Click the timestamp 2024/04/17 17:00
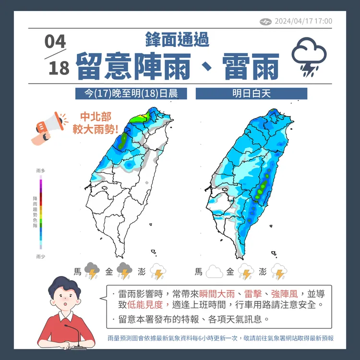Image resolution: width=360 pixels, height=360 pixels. coord(303,21)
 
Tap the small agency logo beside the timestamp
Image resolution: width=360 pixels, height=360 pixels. coord(265,21)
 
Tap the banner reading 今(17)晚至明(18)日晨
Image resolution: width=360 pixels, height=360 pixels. coord(131,93)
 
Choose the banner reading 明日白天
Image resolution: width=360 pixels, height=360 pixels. coord(252,93)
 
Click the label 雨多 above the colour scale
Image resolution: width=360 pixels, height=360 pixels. coord(40,171)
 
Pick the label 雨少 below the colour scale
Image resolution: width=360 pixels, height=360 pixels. coord(40,257)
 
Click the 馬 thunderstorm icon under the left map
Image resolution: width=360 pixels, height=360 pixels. coord(92,271)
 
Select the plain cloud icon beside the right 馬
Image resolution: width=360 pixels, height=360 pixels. coord(214,272)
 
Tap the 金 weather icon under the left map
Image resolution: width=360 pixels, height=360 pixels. coord(125,271)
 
